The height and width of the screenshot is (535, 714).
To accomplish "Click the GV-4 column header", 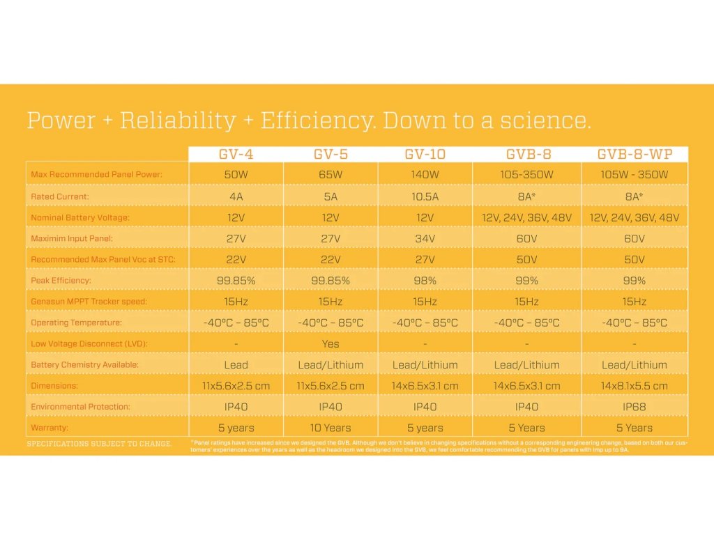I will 236,155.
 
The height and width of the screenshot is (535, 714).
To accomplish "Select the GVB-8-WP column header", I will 634,155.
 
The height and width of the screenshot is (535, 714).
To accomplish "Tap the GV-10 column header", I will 425,155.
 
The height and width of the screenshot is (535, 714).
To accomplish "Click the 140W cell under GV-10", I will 425,174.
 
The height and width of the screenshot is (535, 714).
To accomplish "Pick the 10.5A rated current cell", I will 425,196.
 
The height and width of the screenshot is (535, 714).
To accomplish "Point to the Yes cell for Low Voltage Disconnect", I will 331,343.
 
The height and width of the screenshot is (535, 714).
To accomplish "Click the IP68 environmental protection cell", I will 634,406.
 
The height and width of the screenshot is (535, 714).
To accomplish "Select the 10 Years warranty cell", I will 331,428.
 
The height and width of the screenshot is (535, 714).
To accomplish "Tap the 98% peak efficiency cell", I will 425,280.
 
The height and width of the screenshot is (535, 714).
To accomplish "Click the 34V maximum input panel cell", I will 425,238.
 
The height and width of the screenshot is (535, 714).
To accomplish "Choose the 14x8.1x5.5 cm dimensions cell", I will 634,385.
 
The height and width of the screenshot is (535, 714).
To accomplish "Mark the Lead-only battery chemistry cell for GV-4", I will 236,364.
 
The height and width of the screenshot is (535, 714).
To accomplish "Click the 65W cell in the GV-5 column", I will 331,174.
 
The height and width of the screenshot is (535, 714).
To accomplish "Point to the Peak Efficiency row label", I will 61,281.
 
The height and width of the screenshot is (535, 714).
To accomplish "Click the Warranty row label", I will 50,428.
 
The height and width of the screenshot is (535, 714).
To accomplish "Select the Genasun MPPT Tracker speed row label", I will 89,302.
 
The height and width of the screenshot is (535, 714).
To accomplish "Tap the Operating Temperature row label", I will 76,323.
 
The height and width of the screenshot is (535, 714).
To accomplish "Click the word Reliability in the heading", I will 178,121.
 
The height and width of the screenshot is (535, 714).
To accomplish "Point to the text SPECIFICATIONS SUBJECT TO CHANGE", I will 99,444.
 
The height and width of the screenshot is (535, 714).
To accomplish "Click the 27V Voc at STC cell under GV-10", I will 425,259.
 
